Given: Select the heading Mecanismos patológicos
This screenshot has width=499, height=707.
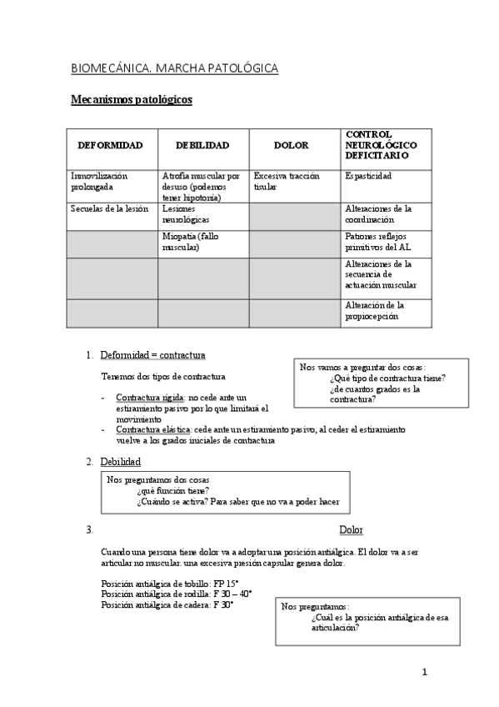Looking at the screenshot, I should point(130,100).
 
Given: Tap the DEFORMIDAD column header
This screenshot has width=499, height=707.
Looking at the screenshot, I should point(110,145).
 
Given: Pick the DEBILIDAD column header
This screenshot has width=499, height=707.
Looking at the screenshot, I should point(202,145).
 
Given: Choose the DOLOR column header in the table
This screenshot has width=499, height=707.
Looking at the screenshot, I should point(291,145).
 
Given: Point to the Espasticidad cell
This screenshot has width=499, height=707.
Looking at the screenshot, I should point(367,177).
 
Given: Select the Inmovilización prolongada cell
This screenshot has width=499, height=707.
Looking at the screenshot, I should point(101,182).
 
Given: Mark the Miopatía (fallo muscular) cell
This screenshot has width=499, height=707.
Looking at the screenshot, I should point(191,242).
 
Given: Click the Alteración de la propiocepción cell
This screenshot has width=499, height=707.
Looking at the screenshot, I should point(374,310).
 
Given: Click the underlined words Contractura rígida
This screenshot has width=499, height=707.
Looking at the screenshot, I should point(151,397).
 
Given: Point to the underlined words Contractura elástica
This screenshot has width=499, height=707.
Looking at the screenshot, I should point(153,429).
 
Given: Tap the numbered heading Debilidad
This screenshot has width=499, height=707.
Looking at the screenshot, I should point(120,461).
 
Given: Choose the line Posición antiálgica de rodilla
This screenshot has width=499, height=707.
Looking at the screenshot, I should point(176,594).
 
